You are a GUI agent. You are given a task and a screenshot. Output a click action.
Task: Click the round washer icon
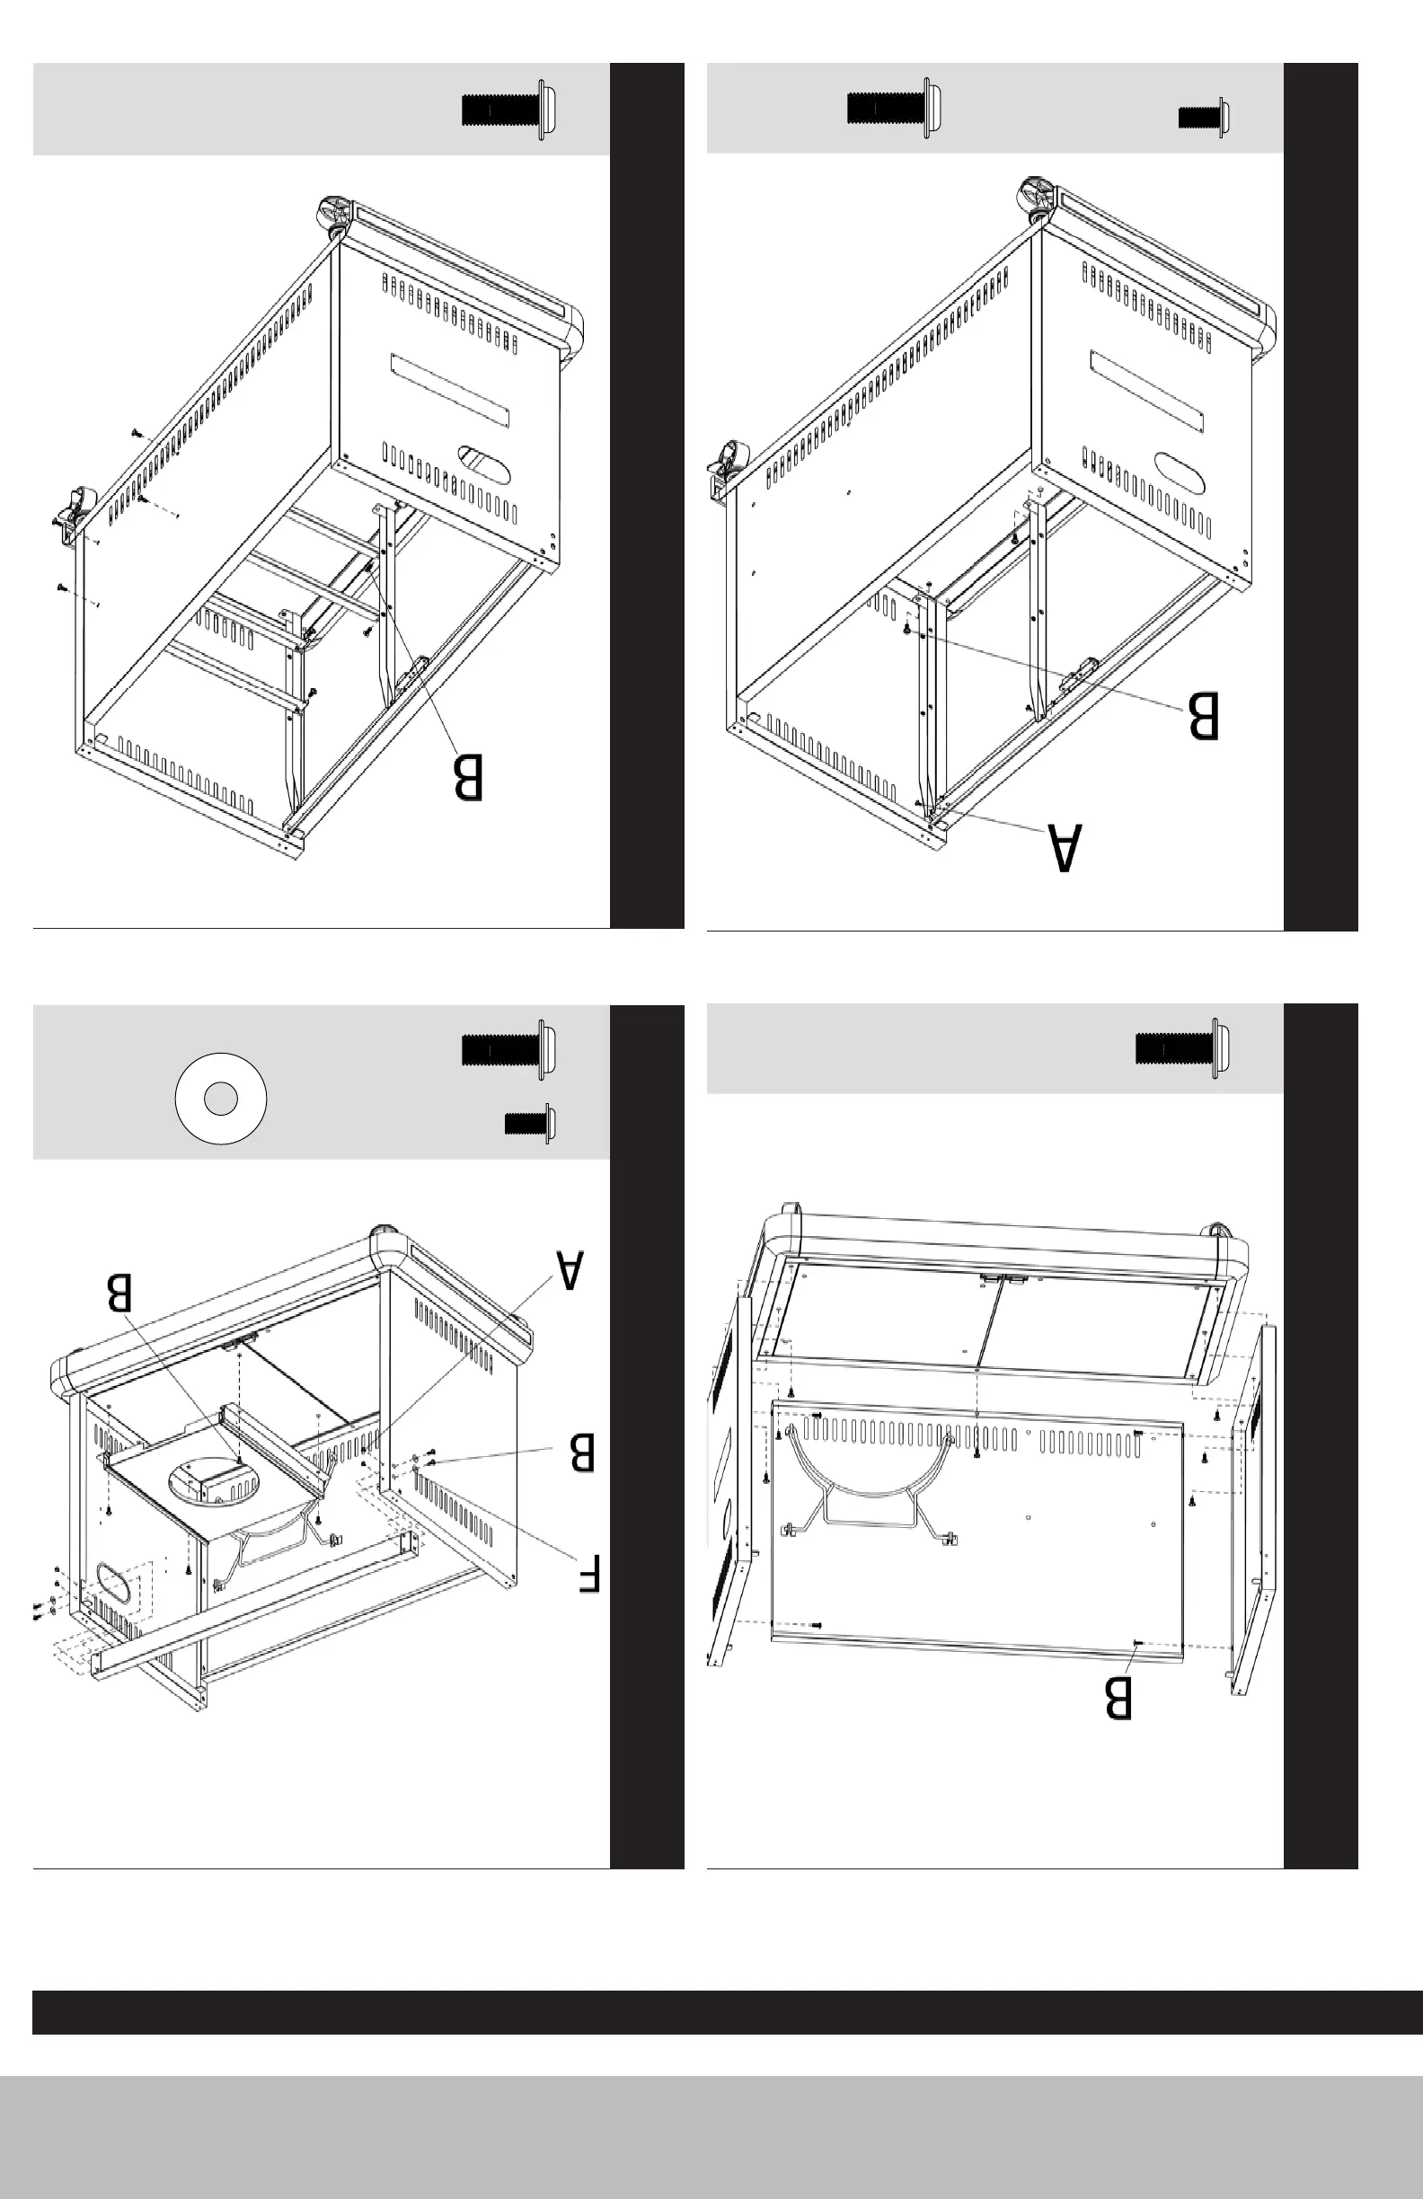click(x=221, y=1098)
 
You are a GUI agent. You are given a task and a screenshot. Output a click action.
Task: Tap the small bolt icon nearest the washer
click(x=530, y=1124)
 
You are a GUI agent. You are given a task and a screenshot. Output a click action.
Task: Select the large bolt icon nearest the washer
click(x=509, y=1049)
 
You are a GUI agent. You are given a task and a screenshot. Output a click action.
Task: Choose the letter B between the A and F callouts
click(x=582, y=1452)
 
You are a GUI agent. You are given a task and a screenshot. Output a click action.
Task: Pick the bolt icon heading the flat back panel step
click(x=1183, y=1048)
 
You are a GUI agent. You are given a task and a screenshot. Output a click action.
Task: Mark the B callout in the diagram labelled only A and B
click(x=1203, y=715)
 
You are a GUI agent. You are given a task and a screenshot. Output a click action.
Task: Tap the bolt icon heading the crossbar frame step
click(x=509, y=110)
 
